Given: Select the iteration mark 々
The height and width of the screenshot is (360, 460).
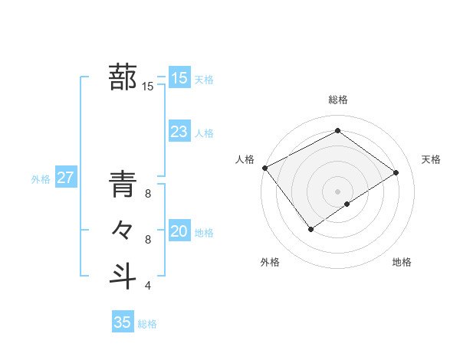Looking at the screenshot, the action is (x=123, y=230).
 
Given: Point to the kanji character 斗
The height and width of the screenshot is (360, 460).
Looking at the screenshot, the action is (x=123, y=274).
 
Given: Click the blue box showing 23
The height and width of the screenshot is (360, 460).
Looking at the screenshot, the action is (x=179, y=132).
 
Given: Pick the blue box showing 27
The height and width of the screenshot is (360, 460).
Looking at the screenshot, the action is (x=65, y=178).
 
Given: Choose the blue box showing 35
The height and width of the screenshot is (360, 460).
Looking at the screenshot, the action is (x=123, y=322).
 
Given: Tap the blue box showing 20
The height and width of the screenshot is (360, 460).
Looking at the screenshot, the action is (x=179, y=231).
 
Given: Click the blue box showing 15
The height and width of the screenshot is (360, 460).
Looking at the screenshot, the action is (x=179, y=77).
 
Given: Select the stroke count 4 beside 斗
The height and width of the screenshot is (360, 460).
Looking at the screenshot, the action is (x=148, y=286).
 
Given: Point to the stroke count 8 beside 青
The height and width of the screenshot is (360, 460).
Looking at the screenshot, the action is (x=148, y=195).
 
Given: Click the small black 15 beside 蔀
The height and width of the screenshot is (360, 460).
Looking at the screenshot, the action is (x=148, y=87).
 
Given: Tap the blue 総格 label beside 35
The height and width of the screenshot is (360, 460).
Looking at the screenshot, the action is (x=147, y=324).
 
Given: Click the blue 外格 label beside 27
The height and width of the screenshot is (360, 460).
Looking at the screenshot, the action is (x=41, y=179).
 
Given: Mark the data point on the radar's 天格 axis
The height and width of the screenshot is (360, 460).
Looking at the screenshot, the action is (x=396, y=172).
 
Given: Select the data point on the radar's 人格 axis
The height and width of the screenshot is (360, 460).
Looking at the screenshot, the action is (x=264, y=168).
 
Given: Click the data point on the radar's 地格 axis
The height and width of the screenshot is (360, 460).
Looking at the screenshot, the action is (x=347, y=204).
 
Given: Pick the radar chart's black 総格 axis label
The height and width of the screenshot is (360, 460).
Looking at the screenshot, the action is (x=338, y=100).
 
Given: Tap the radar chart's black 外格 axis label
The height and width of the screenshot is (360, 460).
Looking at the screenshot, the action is (x=270, y=262).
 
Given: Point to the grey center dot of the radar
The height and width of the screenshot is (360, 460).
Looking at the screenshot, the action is (x=337, y=190).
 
